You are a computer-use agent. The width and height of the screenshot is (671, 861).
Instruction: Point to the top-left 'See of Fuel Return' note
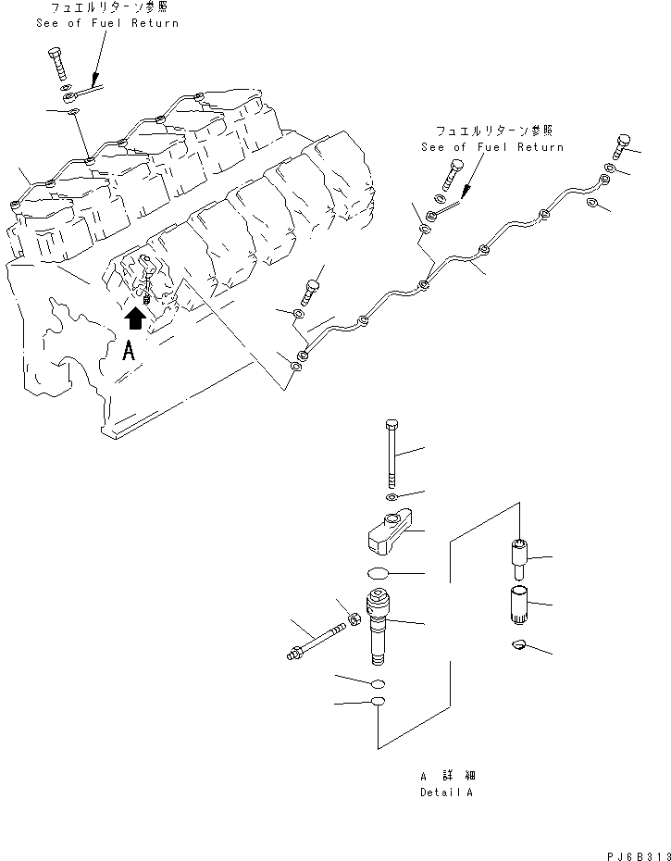[x=107, y=16]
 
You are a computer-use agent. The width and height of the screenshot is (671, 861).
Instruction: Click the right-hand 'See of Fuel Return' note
[x=491, y=140]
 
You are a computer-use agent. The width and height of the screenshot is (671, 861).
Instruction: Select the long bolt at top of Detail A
[x=391, y=453]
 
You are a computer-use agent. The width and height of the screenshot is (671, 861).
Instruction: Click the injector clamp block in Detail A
[x=388, y=533]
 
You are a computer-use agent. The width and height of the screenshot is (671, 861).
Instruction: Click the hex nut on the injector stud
[x=353, y=618]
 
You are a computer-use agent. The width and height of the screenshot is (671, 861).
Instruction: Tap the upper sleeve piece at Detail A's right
[x=518, y=558]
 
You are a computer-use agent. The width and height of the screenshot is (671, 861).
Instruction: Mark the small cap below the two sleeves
[x=519, y=645]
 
